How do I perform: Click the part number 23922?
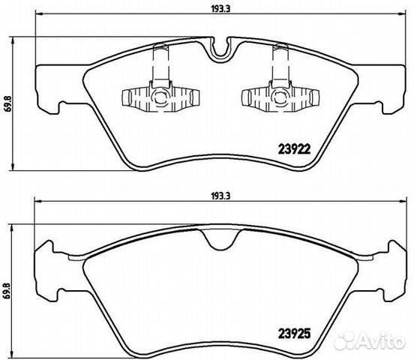(x=295, y=149)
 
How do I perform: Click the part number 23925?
(x=294, y=334)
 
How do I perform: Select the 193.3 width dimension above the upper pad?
(x=221, y=9)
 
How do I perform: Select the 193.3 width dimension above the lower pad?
(x=221, y=196)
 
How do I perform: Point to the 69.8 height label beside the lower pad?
(x=7, y=290)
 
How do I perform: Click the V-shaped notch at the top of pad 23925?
(x=220, y=239)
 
